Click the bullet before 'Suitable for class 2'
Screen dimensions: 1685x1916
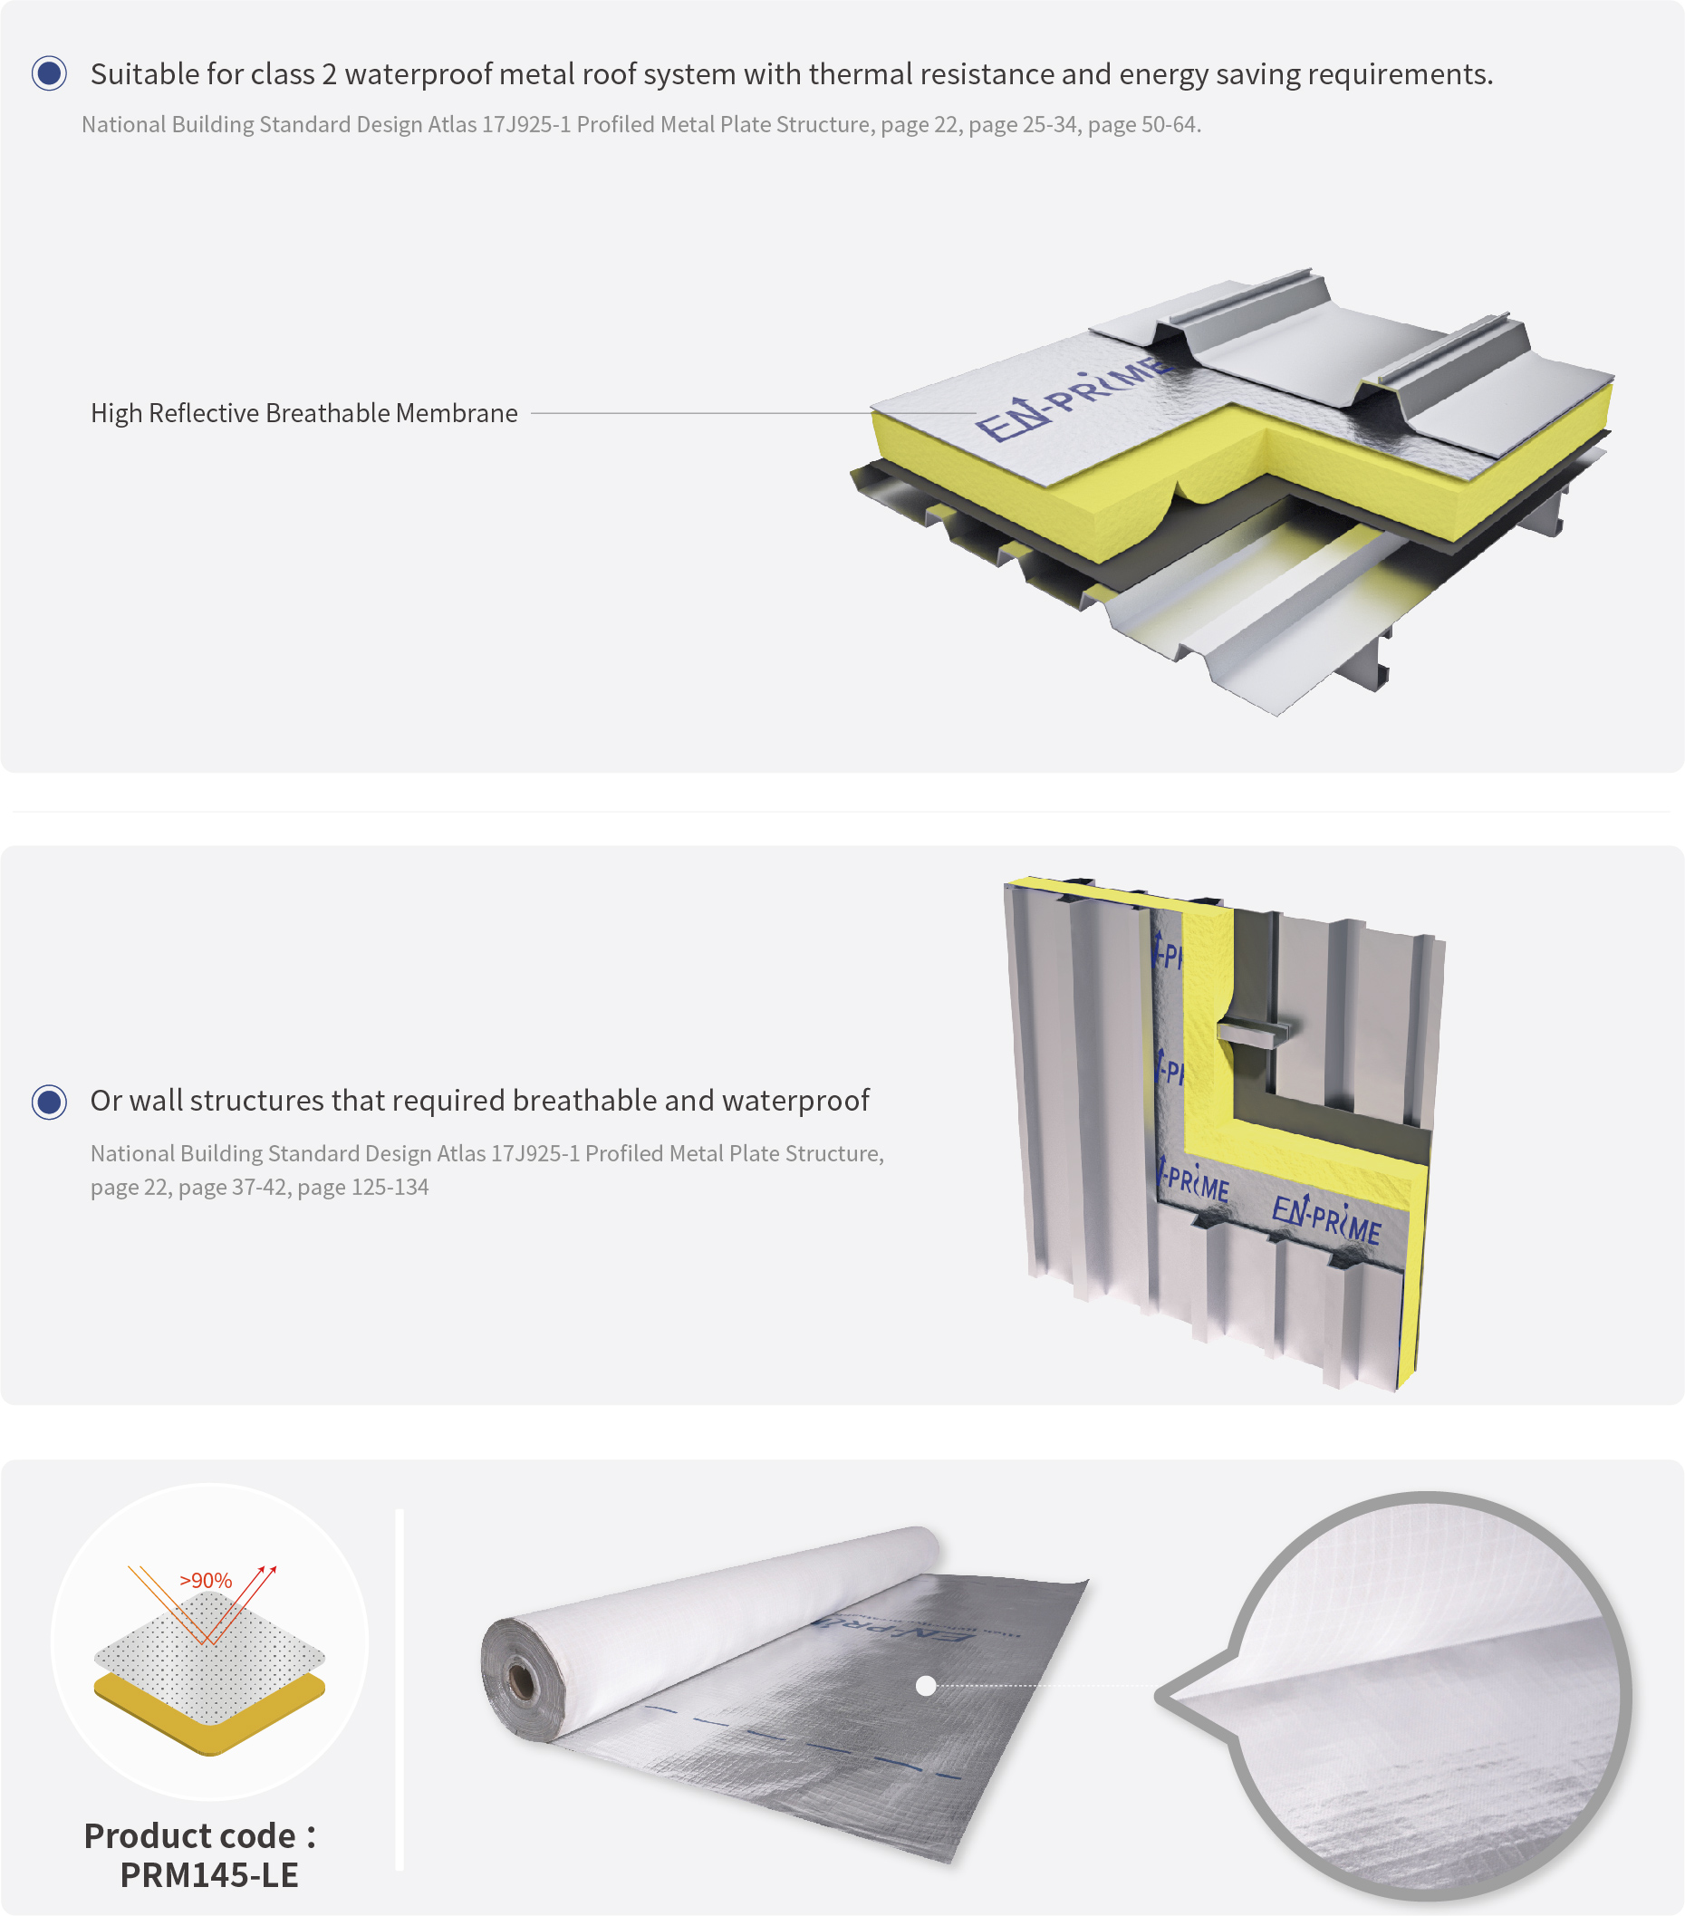tap(49, 73)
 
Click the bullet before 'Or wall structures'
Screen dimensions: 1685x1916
tap(49, 1102)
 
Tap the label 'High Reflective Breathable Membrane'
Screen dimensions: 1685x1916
tap(303, 413)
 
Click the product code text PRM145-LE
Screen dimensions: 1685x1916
tap(209, 1874)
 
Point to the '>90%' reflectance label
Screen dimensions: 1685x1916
tap(206, 1581)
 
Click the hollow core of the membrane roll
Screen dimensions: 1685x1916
tap(521, 1681)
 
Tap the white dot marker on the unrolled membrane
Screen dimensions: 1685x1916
tap(926, 1686)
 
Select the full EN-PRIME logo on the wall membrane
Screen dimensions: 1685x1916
tap(1326, 1220)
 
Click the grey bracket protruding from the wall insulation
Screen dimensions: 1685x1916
tap(1254, 1034)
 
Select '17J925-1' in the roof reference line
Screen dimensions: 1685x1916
tap(525, 125)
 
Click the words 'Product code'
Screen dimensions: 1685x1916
tap(189, 1835)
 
